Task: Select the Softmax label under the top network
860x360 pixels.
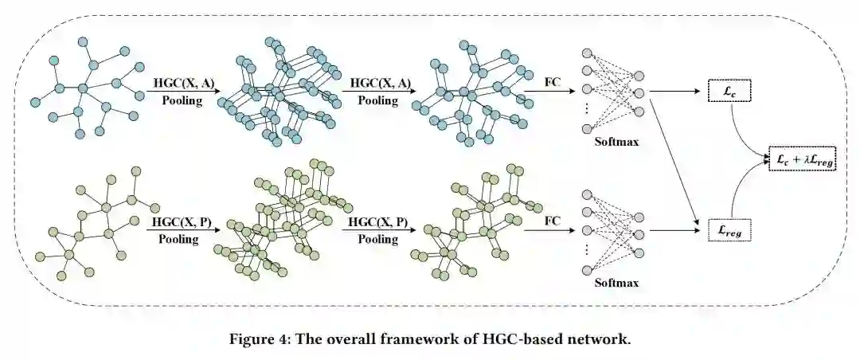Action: (x=616, y=143)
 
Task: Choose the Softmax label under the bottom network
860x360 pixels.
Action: (x=616, y=282)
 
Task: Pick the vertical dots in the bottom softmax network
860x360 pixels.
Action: (x=588, y=248)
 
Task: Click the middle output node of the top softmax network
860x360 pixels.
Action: (x=638, y=94)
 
